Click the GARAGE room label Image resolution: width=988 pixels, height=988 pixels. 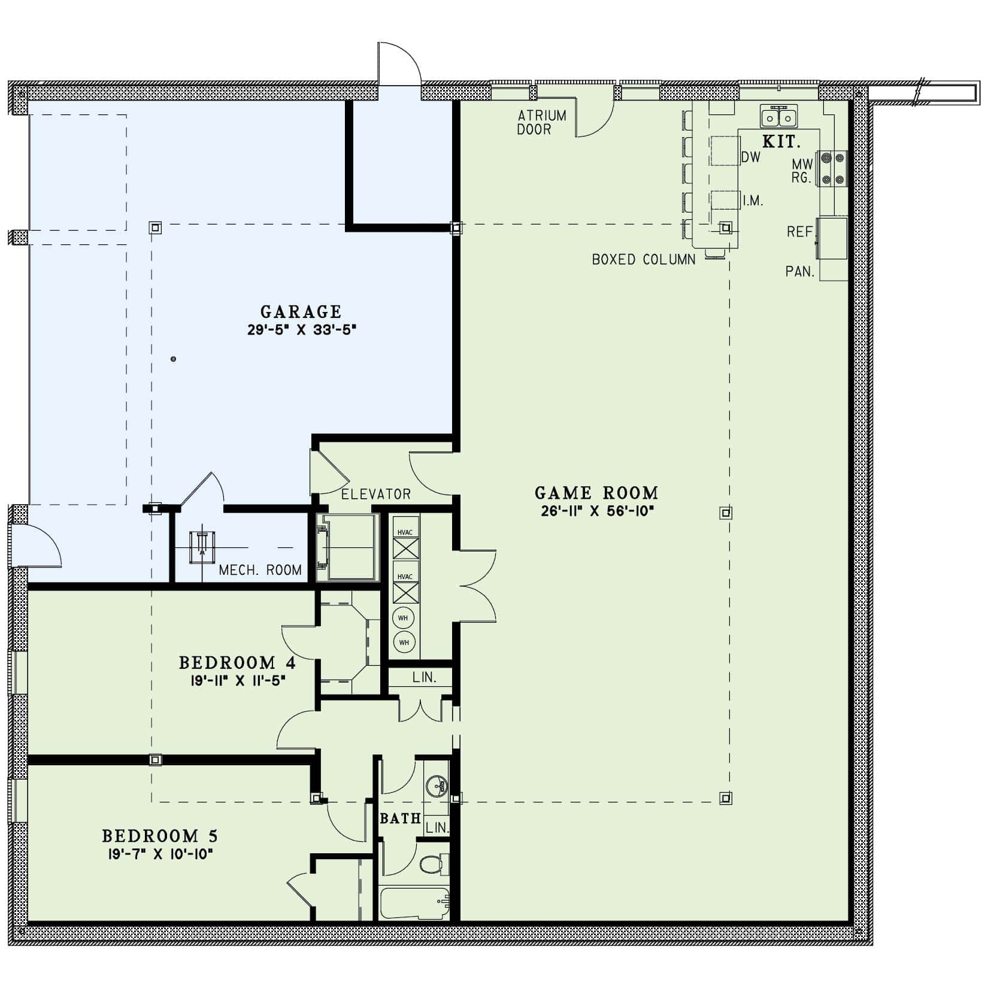click(301, 312)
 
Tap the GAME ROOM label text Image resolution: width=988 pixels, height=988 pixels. click(596, 493)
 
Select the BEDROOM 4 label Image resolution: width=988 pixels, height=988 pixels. click(237, 663)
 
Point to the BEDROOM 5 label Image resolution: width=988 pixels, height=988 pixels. click(160, 836)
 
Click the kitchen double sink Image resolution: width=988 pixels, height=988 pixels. click(779, 117)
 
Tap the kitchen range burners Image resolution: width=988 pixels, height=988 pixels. click(833, 168)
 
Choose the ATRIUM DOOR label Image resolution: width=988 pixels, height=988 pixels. click(542, 122)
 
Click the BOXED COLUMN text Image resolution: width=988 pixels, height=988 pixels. click(644, 260)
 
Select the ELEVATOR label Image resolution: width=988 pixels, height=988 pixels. click(376, 495)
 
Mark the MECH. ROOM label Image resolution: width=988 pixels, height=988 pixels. click(260, 570)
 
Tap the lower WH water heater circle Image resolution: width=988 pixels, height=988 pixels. click(404, 642)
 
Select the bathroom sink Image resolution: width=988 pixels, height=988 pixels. click(436, 784)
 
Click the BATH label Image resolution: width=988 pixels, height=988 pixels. click(401, 819)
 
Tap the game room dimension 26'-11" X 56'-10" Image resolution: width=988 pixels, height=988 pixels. click(596, 511)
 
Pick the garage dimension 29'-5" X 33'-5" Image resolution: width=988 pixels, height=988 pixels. click(302, 330)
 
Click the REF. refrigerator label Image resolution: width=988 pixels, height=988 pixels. click(801, 232)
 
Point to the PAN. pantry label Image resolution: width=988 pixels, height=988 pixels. click(801, 272)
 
